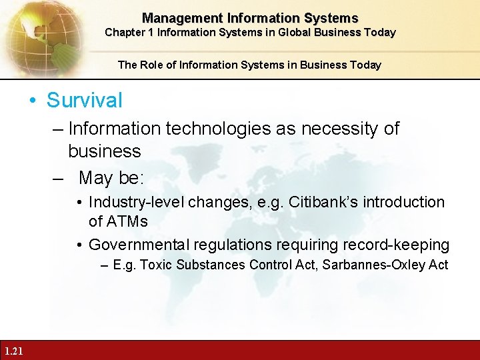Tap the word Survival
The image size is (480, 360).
point(85,101)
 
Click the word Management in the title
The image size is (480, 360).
point(174,19)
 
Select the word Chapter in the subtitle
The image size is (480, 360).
point(123,32)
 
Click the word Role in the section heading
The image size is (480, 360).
point(151,65)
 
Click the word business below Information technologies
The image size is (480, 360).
point(105,151)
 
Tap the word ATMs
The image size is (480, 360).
point(118,221)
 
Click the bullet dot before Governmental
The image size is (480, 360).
point(79,245)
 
